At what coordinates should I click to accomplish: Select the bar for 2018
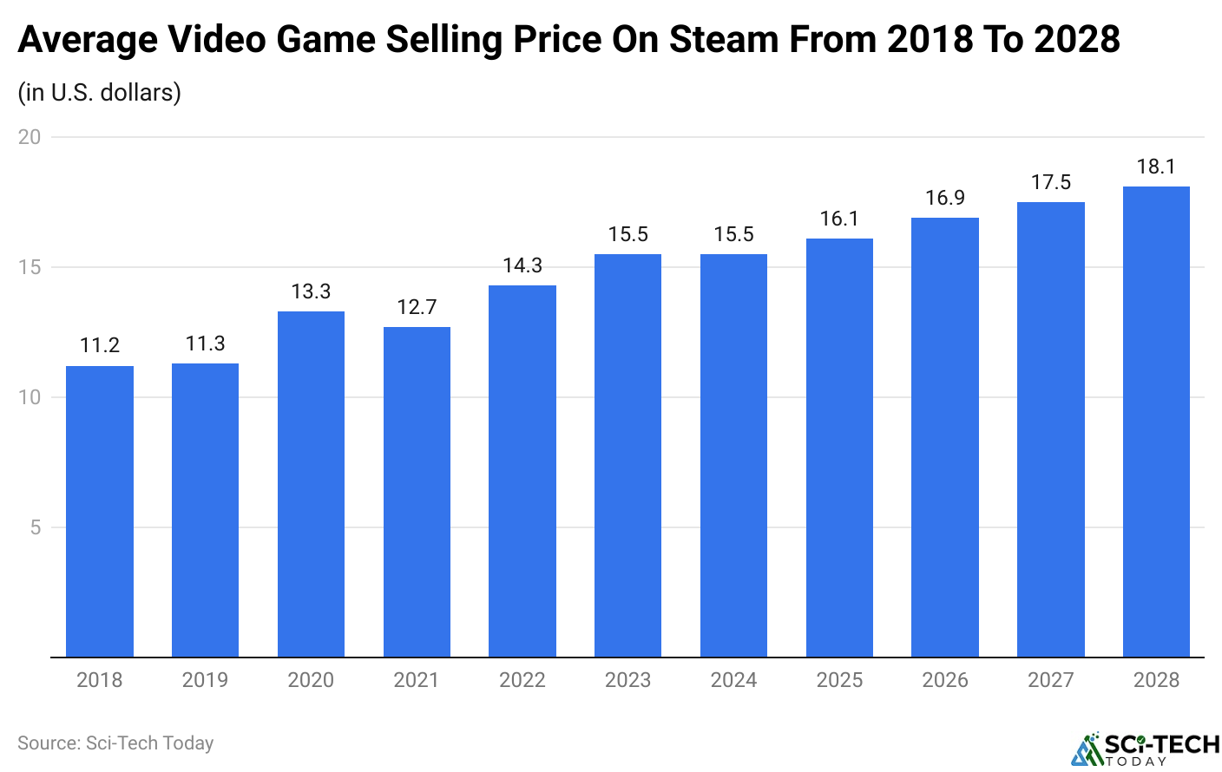(x=100, y=512)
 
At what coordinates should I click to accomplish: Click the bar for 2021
(x=417, y=492)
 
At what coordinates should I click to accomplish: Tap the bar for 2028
(x=1156, y=422)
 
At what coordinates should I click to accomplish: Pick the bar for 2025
(x=839, y=448)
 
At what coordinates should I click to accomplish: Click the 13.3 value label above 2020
(x=311, y=291)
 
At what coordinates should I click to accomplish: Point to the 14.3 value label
(x=522, y=265)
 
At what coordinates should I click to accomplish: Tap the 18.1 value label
(x=1156, y=167)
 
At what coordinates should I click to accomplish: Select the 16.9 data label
(x=945, y=198)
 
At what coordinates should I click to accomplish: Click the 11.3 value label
(x=205, y=343)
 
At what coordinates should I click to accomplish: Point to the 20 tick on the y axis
(x=30, y=137)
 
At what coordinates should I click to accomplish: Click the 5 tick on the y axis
(x=35, y=527)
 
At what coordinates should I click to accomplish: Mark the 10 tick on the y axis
(x=30, y=397)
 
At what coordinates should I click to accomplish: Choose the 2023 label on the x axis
(x=627, y=680)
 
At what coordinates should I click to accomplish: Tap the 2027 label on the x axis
(x=1050, y=680)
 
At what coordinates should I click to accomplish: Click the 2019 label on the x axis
(x=205, y=680)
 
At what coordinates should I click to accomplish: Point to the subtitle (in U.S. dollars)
(x=99, y=92)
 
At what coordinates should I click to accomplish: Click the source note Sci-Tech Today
(x=115, y=743)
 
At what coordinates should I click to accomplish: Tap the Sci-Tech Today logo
(x=1145, y=749)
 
